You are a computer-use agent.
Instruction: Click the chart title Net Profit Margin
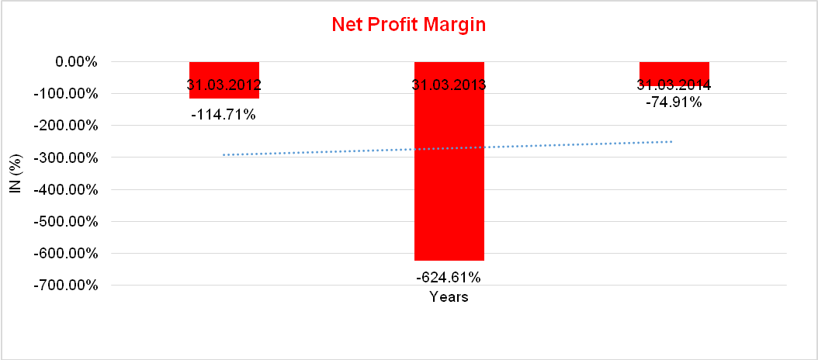tap(408, 25)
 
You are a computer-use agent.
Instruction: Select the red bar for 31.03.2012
tap(224, 70)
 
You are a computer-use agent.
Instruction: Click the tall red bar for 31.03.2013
tap(449, 178)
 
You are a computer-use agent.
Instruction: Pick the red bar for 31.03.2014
tap(674, 70)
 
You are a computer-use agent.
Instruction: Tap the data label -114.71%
tap(224, 115)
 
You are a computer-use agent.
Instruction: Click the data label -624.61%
tap(449, 277)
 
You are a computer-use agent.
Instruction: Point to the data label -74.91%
tap(674, 102)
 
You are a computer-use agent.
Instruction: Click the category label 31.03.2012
tap(224, 85)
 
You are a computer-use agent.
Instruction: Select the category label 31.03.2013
tap(449, 85)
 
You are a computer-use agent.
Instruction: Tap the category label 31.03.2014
tap(674, 85)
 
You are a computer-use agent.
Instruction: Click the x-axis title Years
tap(449, 296)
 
